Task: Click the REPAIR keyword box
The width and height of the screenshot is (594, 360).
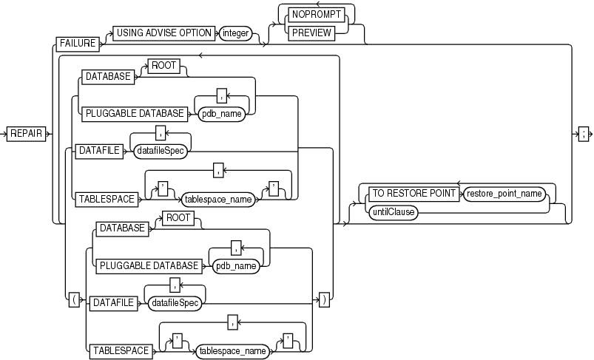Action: tap(26, 133)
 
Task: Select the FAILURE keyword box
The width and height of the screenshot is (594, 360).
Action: tap(77, 44)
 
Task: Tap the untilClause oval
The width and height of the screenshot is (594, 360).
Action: tap(394, 211)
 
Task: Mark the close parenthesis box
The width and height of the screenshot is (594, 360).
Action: tap(324, 301)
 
